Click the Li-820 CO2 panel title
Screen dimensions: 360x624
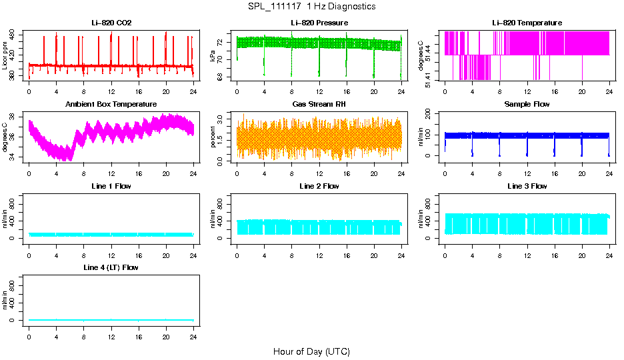(111, 23)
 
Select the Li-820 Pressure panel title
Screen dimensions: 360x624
(319, 23)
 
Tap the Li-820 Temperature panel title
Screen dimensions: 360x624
(527, 23)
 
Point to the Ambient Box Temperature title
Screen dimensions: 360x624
(111, 105)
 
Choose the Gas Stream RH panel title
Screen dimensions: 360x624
(319, 105)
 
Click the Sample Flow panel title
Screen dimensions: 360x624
(527, 105)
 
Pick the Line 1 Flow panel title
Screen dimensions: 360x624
(111, 186)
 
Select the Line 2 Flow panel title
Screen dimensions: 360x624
(319, 186)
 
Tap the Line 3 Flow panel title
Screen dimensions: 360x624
(527, 186)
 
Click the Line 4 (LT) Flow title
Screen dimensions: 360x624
(111, 267)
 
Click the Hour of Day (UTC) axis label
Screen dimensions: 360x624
(311, 351)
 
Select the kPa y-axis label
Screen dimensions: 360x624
(213, 56)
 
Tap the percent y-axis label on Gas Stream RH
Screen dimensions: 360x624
(213, 137)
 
